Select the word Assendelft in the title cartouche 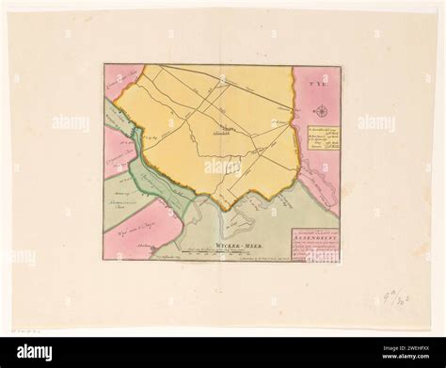click(x=314, y=238)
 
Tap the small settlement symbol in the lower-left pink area click(x=144, y=239)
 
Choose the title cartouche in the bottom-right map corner click(x=314, y=244)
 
